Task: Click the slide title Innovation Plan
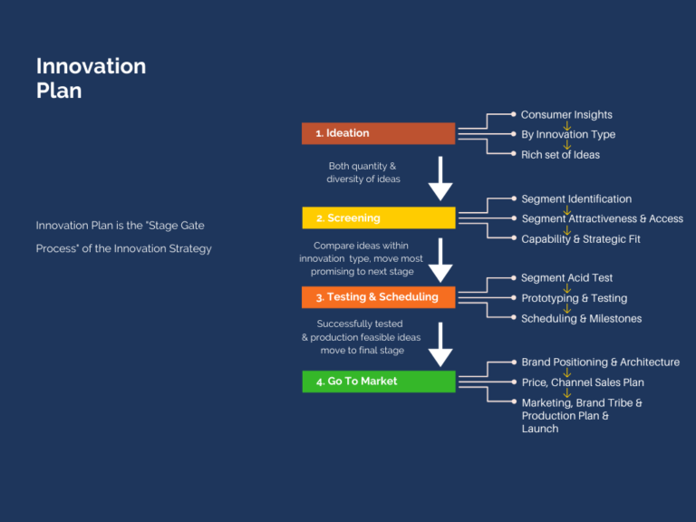[x=91, y=78]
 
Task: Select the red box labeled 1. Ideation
[x=378, y=133]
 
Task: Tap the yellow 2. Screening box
[x=378, y=217]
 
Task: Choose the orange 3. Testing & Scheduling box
[x=378, y=297]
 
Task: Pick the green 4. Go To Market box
[x=378, y=382]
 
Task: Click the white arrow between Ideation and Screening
[x=440, y=179]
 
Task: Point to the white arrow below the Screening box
[x=440, y=261]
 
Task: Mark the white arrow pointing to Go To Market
[x=440, y=343]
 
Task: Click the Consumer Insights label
[x=566, y=115]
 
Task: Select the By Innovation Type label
[x=568, y=135]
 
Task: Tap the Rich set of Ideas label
[x=560, y=155]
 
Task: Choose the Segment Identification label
[x=576, y=199]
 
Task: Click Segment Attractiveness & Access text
[x=602, y=218]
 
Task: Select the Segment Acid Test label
[x=566, y=278]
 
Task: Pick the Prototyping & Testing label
[x=574, y=298]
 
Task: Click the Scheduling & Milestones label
[x=581, y=318]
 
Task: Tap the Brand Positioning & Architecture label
[x=600, y=362]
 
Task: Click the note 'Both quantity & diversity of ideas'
[x=362, y=173]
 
